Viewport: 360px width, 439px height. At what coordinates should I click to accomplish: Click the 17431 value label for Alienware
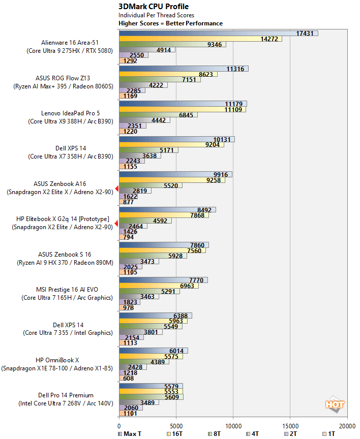point(304,33)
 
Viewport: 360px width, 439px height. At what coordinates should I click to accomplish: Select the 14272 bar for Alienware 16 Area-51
point(200,39)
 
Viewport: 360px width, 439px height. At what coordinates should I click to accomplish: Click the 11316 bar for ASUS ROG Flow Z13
point(183,69)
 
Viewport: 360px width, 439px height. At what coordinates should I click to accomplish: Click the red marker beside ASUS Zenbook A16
point(117,189)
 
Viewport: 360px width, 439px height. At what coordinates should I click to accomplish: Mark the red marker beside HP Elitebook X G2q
point(117,224)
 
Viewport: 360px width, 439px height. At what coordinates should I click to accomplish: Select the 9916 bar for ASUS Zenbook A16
point(175,174)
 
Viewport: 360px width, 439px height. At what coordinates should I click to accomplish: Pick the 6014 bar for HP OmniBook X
point(153,351)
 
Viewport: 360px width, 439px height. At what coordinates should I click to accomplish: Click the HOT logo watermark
point(335,404)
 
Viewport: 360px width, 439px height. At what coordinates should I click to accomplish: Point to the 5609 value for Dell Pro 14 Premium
point(170,397)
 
